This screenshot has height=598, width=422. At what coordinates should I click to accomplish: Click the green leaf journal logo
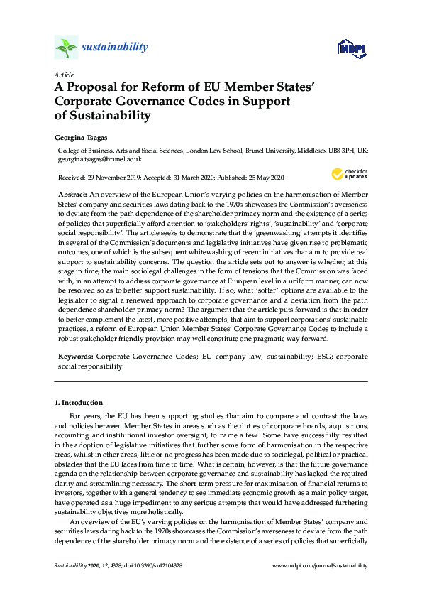click(x=65, y=48)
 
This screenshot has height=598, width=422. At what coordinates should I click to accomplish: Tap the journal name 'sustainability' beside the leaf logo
click(x=115, y=48)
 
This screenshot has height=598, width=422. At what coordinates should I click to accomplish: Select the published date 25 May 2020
click(x=259, y=177)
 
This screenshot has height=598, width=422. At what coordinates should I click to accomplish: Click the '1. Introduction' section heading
click(x=79, y=403)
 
